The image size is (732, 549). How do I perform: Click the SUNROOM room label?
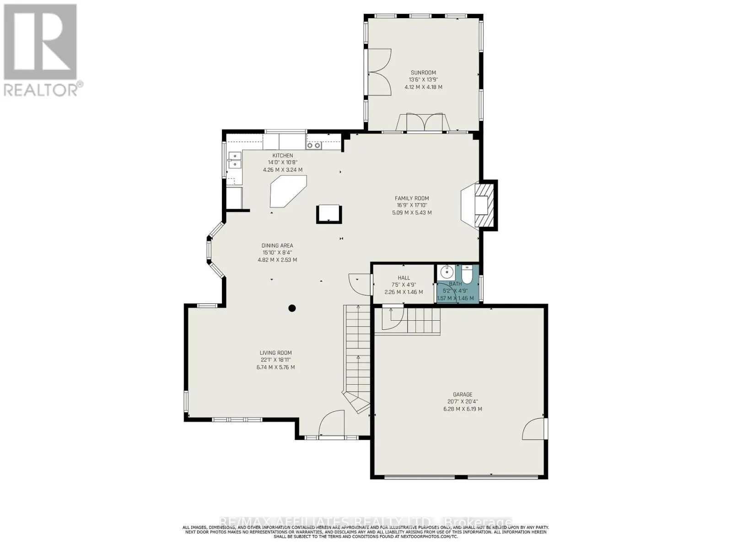tap(423, 72)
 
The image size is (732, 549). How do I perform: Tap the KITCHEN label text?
tap(283, 156)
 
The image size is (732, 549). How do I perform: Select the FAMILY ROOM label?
tap(412, 198)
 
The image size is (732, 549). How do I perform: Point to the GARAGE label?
tap(463, 394)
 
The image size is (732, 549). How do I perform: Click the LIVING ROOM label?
tap(275, 353)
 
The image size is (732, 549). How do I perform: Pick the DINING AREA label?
tap(277, 246)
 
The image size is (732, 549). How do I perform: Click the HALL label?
tap(404, 278)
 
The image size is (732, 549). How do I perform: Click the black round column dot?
tap(292, 308)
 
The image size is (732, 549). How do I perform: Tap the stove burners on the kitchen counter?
tap(314, 145)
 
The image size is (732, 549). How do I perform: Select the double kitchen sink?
tap(235, 160)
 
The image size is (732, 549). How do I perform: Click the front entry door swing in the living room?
tap(330, 423)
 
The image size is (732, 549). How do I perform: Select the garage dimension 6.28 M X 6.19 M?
tap(463, 409)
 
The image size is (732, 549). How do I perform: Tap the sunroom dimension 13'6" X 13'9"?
tap(423, 80)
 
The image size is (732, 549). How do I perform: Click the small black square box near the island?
tap(328, 214)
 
